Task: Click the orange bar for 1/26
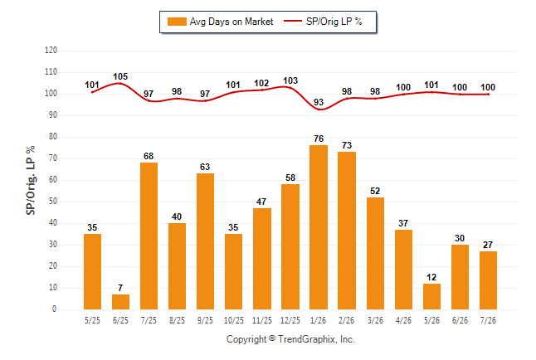pyautogui.click(x=319, y=227)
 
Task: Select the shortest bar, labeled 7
pyautogui.click(x=120, y=302)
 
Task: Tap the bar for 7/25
pyautogui.click(x=149, y=236)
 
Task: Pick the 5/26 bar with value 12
pyautogui.click(x=431, y=296)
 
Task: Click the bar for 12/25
pyautogui.click(x=290, y=247)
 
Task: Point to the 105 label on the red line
pyautogui.click(x=120, y=76)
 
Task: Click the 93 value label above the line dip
pyautogui.click(x=319, y=102)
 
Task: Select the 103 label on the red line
pyautogui.click(x=290, y=80)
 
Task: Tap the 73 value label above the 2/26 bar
pyautogui.click(x=347, y=145)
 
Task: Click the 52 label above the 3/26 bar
pyautogui.click(x=375, y=191)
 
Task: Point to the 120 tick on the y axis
pyautogui.click(x=51, y=51)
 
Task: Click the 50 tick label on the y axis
pyautogui.click(x=53, y=202)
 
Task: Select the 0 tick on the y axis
pyautogui.click(x=55, y=309)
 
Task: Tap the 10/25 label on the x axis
pyautogui.click(x=234, y=320)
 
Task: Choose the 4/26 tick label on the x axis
pyautogui.click(x=403, y=320)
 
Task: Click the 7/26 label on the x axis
pyautogui.click(x=488, y=320)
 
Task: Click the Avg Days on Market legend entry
pyautogui.click(x=220, y=22)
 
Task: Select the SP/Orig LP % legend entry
pyautogui.click(x=323, y=22)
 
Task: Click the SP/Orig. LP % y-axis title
pyautogui.click(x=31, y=180)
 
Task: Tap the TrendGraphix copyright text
pyautogui.click(x=290, y=339)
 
